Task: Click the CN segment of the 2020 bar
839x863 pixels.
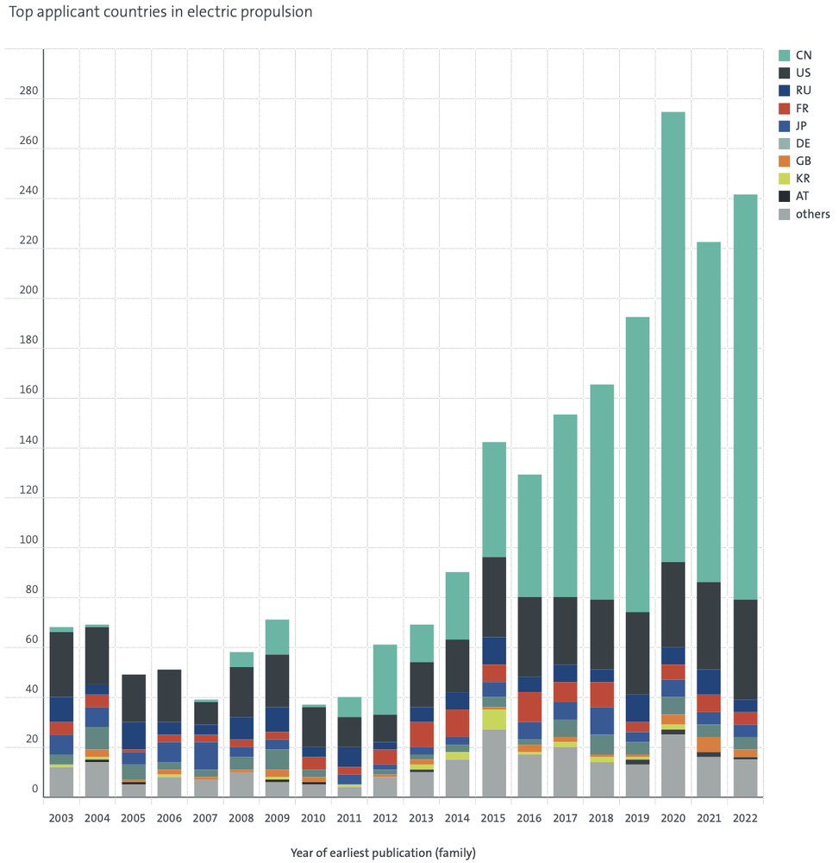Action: tap(673, 337)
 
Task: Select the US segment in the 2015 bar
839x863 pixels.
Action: tap(494, 597)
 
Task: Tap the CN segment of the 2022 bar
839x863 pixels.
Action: tap(745, 397)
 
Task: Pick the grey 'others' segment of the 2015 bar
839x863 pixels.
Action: tap(494, 764)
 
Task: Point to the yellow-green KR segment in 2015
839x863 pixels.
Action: tap(494, 720)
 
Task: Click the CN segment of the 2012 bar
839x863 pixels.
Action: tap(385, 680)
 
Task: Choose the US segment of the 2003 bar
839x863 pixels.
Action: tap(61, 665)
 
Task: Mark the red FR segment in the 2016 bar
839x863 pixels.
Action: tap(529, 708)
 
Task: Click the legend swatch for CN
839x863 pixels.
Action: tap(784, 55)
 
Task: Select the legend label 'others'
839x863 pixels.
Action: tap(812, 214)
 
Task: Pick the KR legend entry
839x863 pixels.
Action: tap(794, 179)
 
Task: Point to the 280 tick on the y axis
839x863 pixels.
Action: tap(28, 91)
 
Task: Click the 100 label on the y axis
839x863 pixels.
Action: tap(28, 539)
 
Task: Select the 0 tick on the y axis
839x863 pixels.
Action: tap(34, 789)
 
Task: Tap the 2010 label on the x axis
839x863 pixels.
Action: tap(313, 818)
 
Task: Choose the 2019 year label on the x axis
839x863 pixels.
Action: tap(637, 818)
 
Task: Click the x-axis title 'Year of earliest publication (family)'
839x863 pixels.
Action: tap(383, 853)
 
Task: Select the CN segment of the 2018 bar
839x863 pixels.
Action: tap(602, 492)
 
